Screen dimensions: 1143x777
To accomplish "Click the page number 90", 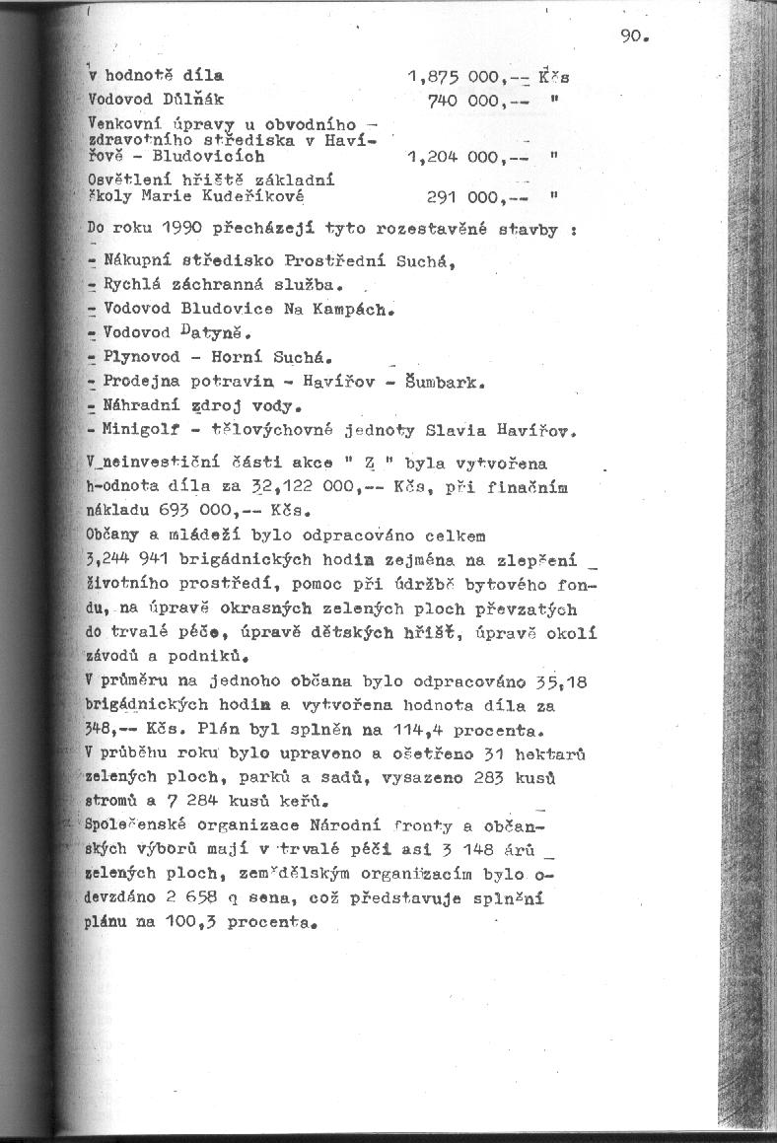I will pyautogui.click(x=633, y=37).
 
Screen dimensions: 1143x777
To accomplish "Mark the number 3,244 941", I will pyautogui.click(x=128, y=559).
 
